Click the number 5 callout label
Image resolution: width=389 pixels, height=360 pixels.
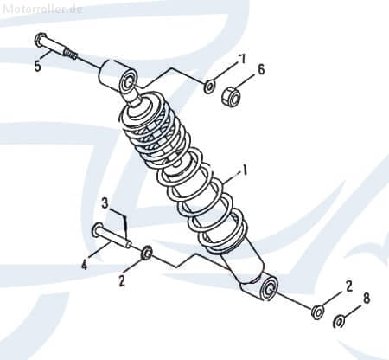[x=36, y=66]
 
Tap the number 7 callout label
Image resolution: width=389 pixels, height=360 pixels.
[x=242, y=59]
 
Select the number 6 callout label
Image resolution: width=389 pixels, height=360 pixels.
[x=262, y=69]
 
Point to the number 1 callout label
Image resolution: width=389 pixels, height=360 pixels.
[x=245, y=171]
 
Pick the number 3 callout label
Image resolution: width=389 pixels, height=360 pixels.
[x=105, y=203]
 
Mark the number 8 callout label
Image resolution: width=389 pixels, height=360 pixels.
[x=367, y=298]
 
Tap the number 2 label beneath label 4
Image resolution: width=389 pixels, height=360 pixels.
[x=122, y=281]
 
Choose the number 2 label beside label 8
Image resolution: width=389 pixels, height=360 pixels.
[x=348, y=286]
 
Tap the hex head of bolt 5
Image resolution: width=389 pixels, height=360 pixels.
[x=41, y=40]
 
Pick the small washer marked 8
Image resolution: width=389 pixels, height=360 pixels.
[x=340, y=322]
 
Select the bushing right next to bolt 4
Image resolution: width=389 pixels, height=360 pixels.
[x=147, y=253]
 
